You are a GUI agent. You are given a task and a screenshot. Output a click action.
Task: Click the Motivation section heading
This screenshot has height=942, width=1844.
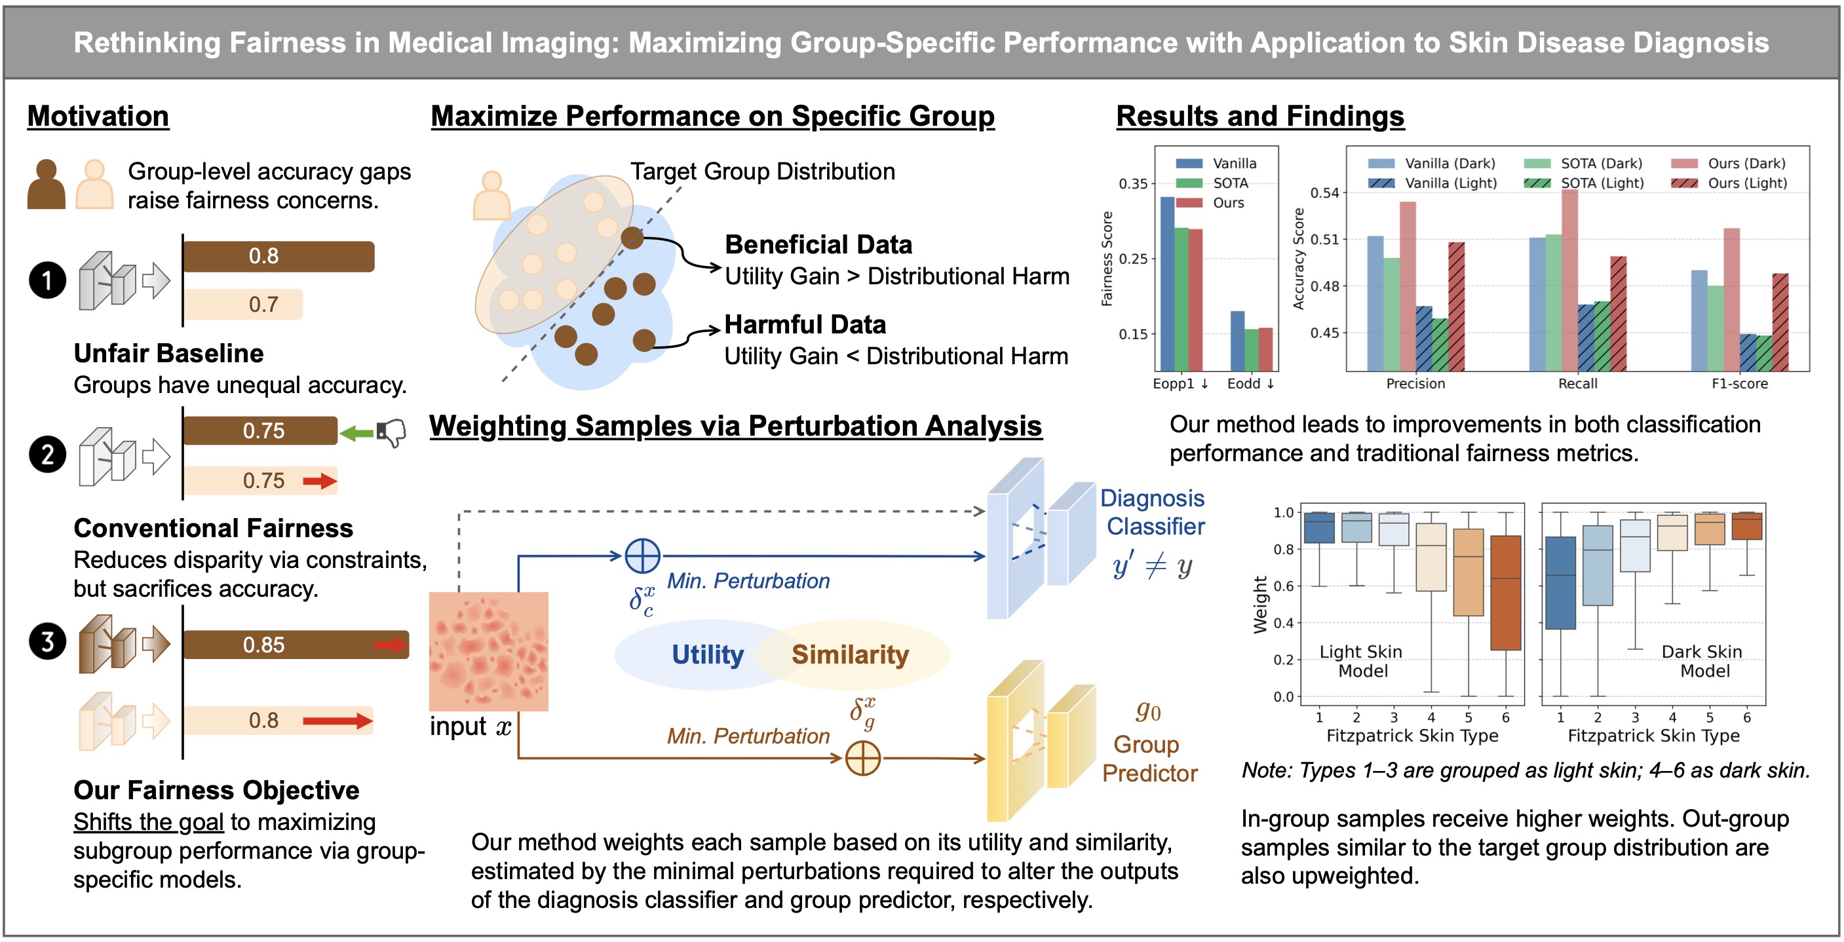pos(98,116)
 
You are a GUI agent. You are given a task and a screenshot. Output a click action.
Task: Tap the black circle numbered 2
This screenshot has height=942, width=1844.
pos(47,455)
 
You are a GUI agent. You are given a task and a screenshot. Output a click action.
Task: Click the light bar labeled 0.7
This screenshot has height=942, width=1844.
pos(243,304)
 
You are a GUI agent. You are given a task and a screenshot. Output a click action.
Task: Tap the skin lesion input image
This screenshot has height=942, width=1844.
pos(488,651)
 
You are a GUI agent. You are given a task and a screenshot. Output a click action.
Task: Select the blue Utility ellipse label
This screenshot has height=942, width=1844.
pos(707,654)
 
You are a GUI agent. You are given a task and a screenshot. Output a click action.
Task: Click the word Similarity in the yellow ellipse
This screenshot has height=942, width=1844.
pos(850,654)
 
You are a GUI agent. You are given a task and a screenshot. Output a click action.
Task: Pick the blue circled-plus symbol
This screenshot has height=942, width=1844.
pos(642,556)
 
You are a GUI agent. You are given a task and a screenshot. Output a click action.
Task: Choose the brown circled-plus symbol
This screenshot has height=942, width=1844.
pos(862,758)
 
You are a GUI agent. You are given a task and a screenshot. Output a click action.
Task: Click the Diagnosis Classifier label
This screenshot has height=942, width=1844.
pos(1153,512)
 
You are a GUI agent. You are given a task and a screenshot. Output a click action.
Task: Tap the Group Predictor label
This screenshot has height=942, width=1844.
pos(1149,759)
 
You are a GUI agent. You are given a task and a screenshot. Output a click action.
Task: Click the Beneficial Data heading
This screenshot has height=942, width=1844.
pos(818,245)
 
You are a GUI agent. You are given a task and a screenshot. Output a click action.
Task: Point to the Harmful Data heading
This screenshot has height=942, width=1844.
pos(805,324)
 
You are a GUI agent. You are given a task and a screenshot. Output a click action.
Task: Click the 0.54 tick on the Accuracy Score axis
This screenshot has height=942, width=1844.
pos(1324,193)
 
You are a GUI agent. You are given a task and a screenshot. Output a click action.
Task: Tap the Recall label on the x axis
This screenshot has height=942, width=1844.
pos(1578,384)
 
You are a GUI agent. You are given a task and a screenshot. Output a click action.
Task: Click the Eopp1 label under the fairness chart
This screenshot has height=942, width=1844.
pos(1180,384)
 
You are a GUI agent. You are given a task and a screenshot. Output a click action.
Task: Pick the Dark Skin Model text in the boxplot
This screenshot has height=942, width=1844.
pos(1702,662)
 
